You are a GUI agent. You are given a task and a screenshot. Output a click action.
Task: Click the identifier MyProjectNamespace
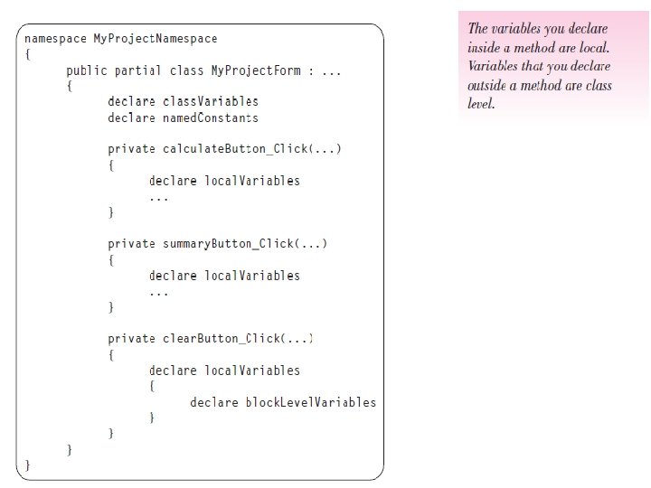(156, 39)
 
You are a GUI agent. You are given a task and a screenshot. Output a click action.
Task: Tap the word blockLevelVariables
(311, 402)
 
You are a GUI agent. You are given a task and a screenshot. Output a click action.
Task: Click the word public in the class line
(87, 70)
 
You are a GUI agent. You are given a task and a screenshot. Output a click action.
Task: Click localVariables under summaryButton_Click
(252, 276)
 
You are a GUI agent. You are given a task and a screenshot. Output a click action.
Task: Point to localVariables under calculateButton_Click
(252, 181)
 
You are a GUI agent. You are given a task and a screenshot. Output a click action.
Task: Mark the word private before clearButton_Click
(131, 339)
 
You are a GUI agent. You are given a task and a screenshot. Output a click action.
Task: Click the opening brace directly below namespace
(28, 54)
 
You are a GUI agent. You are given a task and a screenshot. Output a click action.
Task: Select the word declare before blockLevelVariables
(214, 402)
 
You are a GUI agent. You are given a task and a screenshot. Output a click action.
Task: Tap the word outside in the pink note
(491, 86)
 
